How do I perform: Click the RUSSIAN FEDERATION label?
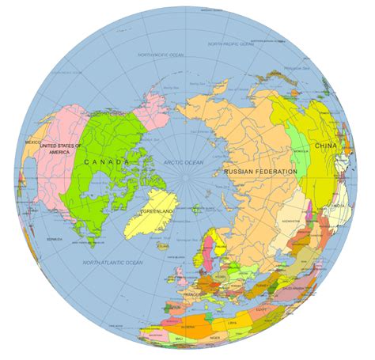(260, 171)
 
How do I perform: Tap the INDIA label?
(338, 207)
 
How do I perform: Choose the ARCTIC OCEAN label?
(183, 162)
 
